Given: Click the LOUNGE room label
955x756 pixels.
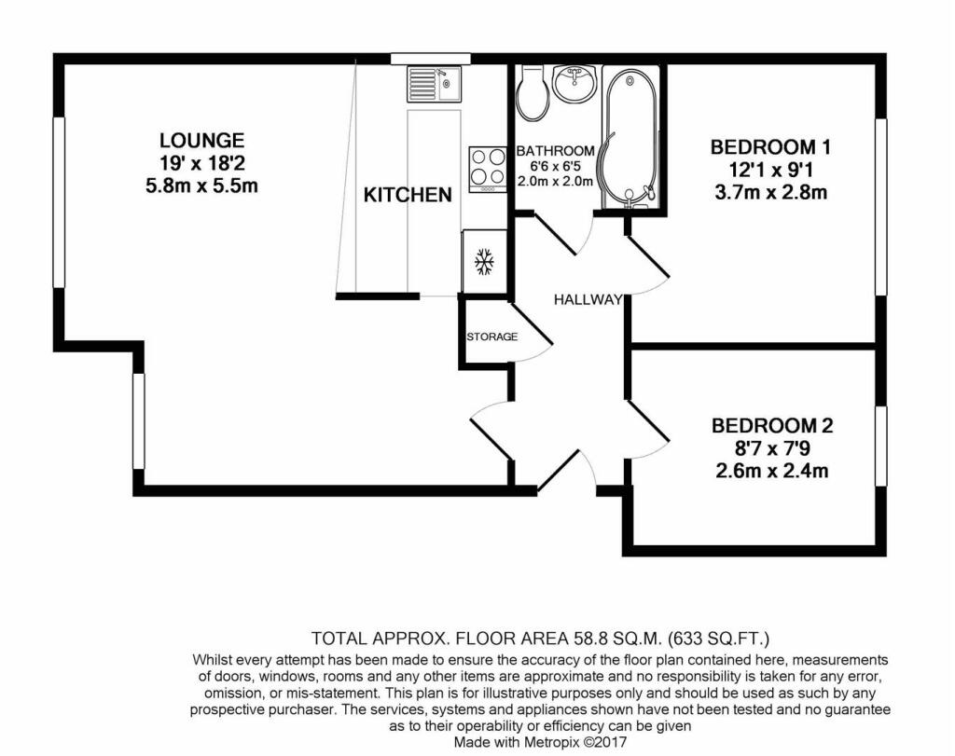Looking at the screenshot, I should pyautogui.click(x=201, y=141).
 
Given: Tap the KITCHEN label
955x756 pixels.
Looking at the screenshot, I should pyautogui.click(x=408, y=195).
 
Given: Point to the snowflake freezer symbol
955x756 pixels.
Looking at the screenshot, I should pyautogui.click(x=484, y=262).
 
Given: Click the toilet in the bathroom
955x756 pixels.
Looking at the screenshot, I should pyautogui.click(x=533, y=93).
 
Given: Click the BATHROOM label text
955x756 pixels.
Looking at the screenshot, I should pyautogui.click(x=555, y=151).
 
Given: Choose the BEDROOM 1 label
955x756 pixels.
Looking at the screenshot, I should pyautogui.click(x=769, y=146).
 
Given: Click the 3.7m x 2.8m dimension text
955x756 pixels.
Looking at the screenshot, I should pyautogui.click(x=769, y=193).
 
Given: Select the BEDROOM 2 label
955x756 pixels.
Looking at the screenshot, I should pyautogui.click(x=771, y=426).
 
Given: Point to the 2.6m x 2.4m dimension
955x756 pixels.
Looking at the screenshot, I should pyautogui.click(x=770, y=471).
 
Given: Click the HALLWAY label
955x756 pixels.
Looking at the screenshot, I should pyautogui.click(x=588, y=300).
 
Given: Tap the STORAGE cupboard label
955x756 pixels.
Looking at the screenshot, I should pyautogui.click(x=491, y=337).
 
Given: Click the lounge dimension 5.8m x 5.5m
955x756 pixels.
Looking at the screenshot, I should pyautogui.click(x=201, y=186).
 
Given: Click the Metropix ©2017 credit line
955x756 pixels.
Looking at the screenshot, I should pyautogui.click(x=540, y=742).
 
